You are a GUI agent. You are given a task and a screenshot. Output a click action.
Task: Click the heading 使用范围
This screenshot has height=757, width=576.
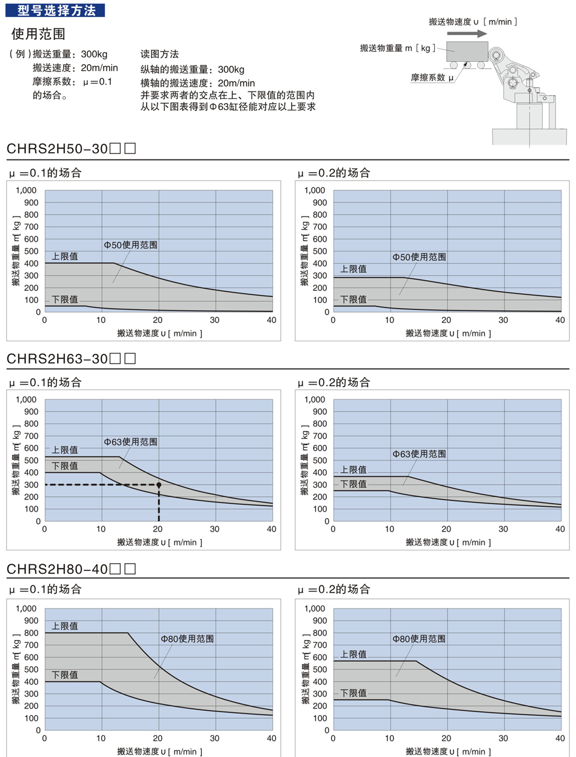click(x=38, y=33)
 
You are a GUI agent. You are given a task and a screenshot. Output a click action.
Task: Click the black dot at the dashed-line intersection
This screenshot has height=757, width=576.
click(x=159, y=485)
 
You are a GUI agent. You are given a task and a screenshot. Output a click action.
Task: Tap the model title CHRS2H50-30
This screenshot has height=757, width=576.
click(x=58, y=148)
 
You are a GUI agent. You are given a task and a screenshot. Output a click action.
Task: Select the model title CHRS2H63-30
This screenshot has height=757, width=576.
click(x=58, y=358)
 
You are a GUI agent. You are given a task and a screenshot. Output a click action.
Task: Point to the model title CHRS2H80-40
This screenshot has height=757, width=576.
click(x=58, y=569)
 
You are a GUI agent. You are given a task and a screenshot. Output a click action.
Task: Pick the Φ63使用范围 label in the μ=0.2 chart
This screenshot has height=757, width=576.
click(x=419, y=453)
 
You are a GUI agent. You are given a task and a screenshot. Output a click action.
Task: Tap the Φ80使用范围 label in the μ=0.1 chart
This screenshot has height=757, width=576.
click(x=187, y=639)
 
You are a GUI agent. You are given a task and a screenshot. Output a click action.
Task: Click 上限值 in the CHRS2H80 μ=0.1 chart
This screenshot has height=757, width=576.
click(x=65, y=626)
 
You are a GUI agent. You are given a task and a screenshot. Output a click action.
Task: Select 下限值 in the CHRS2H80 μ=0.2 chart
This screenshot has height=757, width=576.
click(x=353, y=693)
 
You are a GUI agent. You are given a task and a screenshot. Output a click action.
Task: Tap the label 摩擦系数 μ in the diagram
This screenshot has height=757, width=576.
click(x=432, y=77)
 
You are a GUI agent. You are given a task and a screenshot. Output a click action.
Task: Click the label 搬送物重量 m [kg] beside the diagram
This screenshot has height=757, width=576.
click(x=397, y=48)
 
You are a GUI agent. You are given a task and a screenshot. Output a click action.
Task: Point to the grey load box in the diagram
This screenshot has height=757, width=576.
click(x=467, y=51)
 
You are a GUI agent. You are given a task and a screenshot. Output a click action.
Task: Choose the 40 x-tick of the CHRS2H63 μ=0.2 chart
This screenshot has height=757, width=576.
click(x=560, y=529)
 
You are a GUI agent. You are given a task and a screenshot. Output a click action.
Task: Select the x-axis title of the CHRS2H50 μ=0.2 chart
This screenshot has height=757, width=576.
click(x=448, y=333)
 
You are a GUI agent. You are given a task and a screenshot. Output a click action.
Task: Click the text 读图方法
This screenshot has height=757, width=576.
click(x=159, y=54)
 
